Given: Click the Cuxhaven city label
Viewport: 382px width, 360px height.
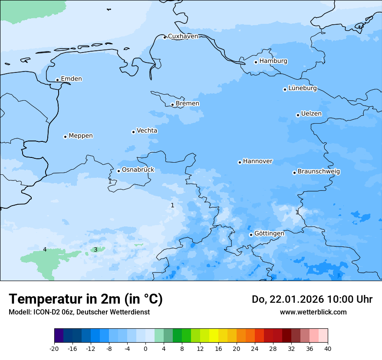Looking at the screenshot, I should (183, 36).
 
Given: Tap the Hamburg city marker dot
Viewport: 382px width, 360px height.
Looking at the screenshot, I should (256, 62).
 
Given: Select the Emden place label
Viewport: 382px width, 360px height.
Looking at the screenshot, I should (71, 79).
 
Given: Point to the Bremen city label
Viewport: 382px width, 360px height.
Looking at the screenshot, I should (188, 104).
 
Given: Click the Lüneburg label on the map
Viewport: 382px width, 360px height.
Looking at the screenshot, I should (302, 88).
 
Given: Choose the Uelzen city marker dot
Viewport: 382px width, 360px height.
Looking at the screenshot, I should (298, 115).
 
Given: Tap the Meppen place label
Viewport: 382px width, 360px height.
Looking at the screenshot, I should (81, 136).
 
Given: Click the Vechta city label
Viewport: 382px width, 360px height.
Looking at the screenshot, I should (147, 131).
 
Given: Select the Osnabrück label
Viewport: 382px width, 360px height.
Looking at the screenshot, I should (138, 170).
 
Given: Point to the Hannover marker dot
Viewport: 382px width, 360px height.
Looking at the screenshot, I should (240, 162).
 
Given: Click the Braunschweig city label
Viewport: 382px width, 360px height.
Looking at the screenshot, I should (319, 172).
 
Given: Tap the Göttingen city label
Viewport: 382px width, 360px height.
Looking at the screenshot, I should (269, 234).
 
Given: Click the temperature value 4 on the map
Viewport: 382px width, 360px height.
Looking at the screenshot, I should (45, 249).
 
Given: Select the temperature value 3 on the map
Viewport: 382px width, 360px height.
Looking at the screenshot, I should (95, 249).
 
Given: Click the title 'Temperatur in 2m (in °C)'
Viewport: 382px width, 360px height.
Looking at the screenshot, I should (86, 299).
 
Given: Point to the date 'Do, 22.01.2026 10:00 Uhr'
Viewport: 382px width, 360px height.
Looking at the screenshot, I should (312, 299).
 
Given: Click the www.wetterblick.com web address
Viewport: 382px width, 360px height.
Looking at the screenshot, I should (313, 312).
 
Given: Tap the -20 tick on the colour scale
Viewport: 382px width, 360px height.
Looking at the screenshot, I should (54, 349).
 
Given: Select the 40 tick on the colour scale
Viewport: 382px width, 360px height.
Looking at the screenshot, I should (328, 349).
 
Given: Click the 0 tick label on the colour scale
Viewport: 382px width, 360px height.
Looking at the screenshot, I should (145, 349).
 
